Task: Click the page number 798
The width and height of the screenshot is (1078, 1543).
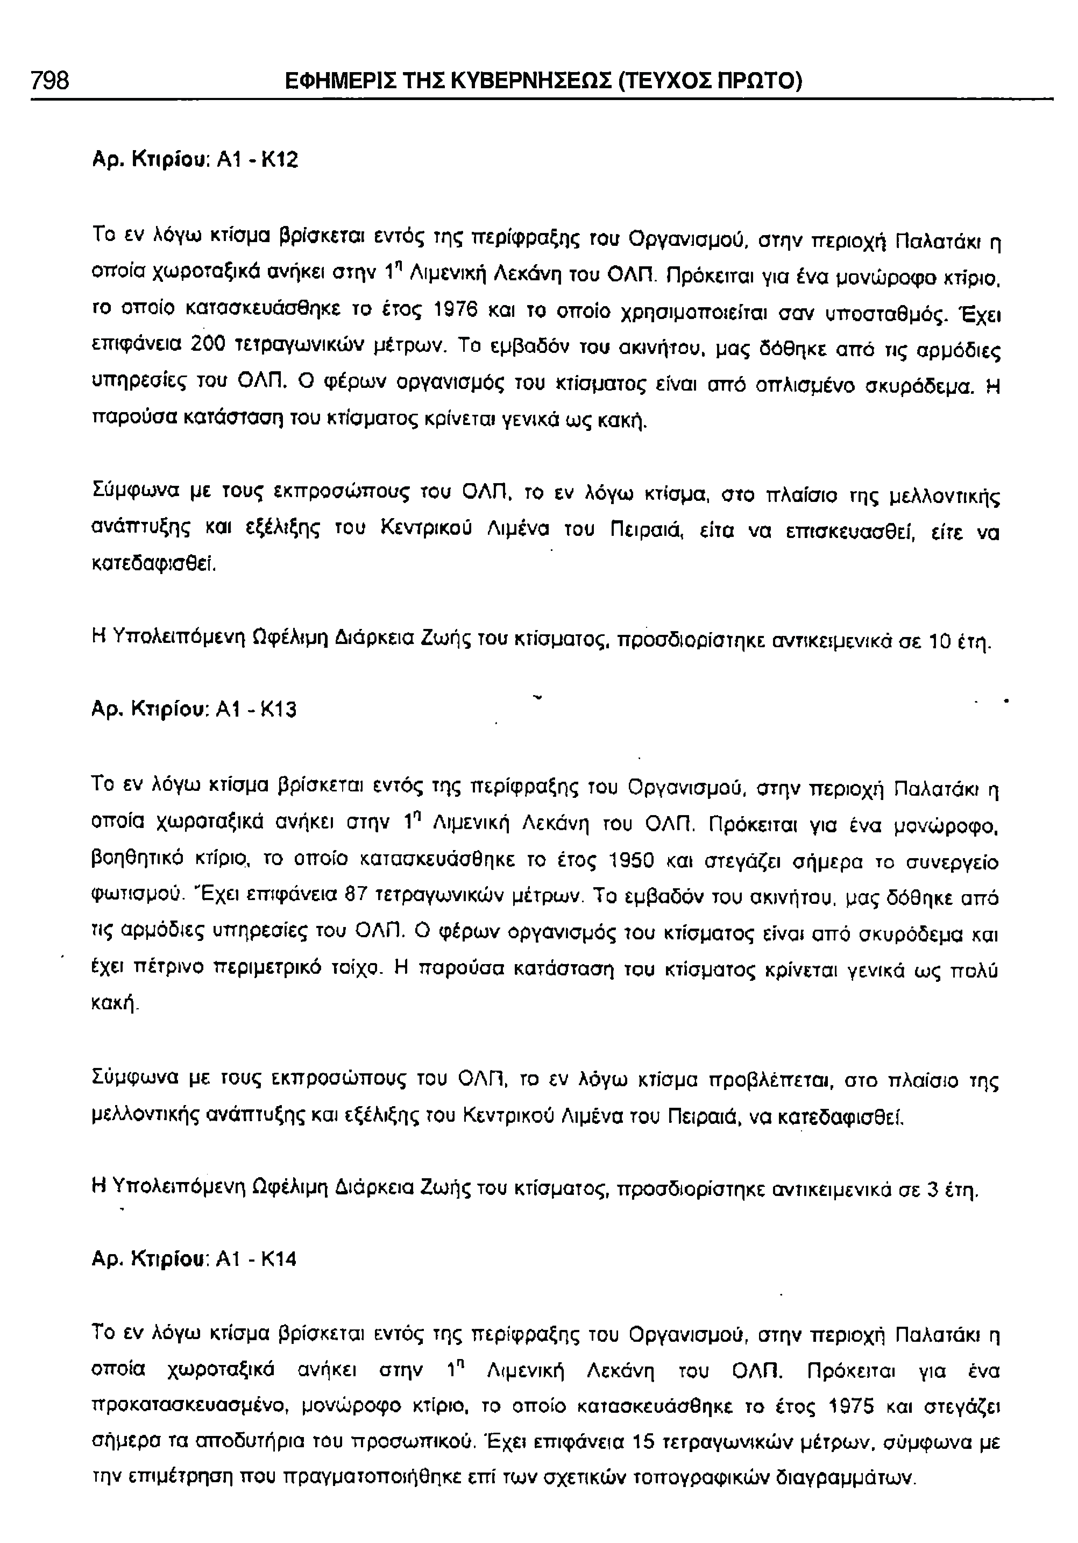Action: point(49,81)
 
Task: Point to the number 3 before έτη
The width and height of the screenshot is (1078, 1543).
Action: point(932,1191)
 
